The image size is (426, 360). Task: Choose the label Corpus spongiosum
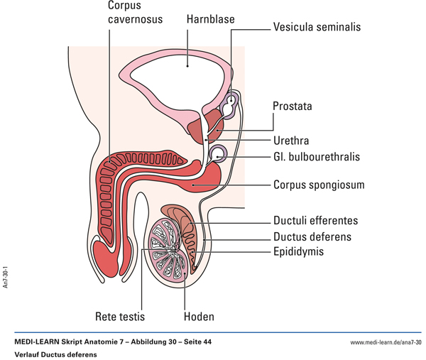319,185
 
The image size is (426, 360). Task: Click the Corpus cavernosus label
135,12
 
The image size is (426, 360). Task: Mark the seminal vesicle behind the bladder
232,105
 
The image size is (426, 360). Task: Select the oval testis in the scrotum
170,252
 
